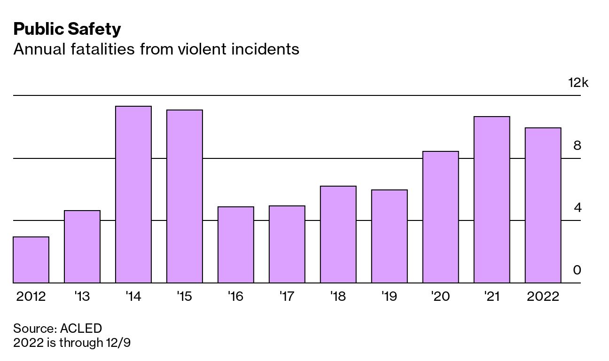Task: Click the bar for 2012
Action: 31,260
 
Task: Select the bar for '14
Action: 133,195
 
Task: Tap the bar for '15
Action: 185,196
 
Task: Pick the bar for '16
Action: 236,245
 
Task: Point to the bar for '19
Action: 389,236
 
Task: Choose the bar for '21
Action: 492,200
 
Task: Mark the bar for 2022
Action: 543,205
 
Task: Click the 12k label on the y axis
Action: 578,83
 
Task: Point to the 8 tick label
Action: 577,146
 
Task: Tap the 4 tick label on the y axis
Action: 577,208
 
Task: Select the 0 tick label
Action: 577,270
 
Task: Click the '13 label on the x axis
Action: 82,297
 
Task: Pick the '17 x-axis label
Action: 287,297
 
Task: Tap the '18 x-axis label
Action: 338,297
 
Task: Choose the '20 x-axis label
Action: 440,297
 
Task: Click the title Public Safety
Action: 67,29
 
